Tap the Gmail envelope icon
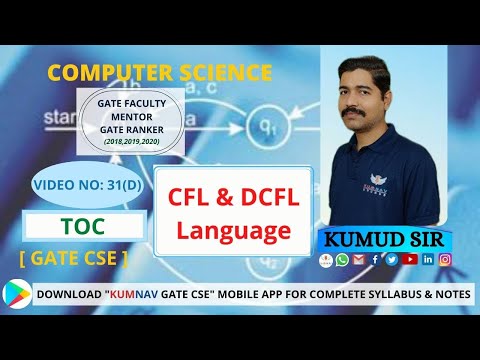(x=358, y=260)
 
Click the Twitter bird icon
(x=390, y=260)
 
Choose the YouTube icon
(x=407, y=260)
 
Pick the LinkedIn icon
(x=427, y=260)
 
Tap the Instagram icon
(x=445, y=260)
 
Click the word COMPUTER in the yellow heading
(x=106, y=73)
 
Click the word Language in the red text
(x=233, y=231)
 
